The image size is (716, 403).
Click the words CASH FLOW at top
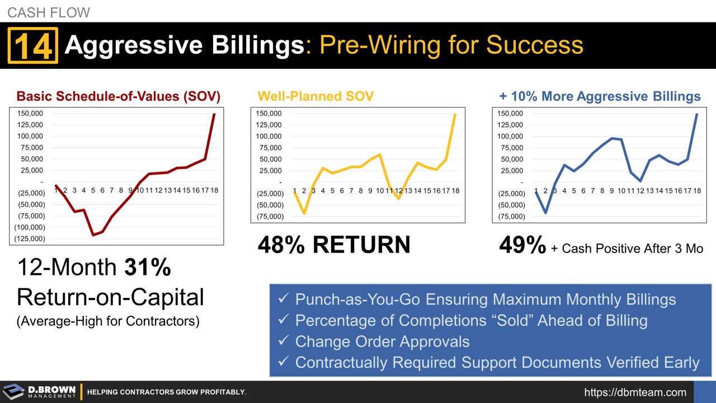click(48, 12)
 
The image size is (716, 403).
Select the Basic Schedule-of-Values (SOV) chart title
click(119, 96)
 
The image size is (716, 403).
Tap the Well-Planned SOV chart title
click(315, 96)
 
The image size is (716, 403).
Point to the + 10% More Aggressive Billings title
click(600, 96)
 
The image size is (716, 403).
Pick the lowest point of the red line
click(93, 235)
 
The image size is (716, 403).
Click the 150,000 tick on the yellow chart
click(268, 114)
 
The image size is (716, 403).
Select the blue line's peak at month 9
click(612, 138)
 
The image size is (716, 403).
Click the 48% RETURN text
click(334, 245)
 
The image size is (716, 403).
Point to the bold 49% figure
click(522, 246)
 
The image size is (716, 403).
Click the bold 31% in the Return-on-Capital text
click(147, 268)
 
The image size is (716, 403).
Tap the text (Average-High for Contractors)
click(108, 322)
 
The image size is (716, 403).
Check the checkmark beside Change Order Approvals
click(284, 341)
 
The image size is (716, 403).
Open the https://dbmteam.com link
click(635, 392)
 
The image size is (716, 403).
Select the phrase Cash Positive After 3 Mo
click(632, 249)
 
